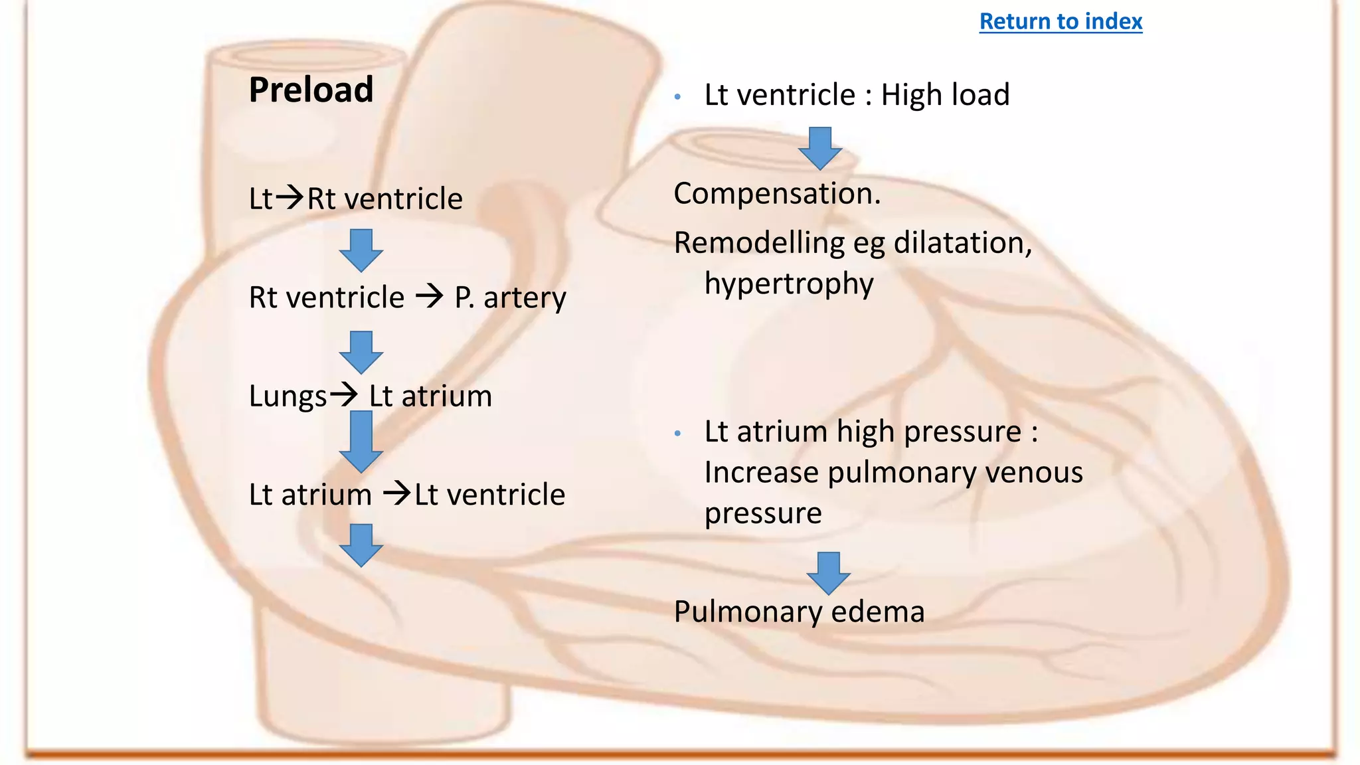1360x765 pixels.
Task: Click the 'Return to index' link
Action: [1061, 21]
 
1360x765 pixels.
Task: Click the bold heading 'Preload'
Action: [311, 90]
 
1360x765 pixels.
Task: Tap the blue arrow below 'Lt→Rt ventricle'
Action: [361, 250]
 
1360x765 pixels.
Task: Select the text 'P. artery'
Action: [510, 297]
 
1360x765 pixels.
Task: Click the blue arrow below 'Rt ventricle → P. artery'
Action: [361, 352]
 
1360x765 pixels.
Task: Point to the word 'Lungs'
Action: [288, 396]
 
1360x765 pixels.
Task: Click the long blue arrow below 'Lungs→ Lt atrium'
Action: [361, 441]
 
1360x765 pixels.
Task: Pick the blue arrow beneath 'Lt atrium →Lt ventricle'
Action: [361, 545]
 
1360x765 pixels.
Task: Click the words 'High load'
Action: [944, 95]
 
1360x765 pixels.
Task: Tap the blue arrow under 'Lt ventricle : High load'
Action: [820, 148]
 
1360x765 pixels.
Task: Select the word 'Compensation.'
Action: [777, 194]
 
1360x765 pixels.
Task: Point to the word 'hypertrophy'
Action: [789, 284]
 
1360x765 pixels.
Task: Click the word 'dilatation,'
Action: [963, 243]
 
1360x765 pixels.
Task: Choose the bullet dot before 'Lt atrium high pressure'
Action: [677, 434]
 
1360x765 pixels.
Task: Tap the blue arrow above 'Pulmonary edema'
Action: [828, 572]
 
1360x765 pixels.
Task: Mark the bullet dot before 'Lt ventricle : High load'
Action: [677, 97]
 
